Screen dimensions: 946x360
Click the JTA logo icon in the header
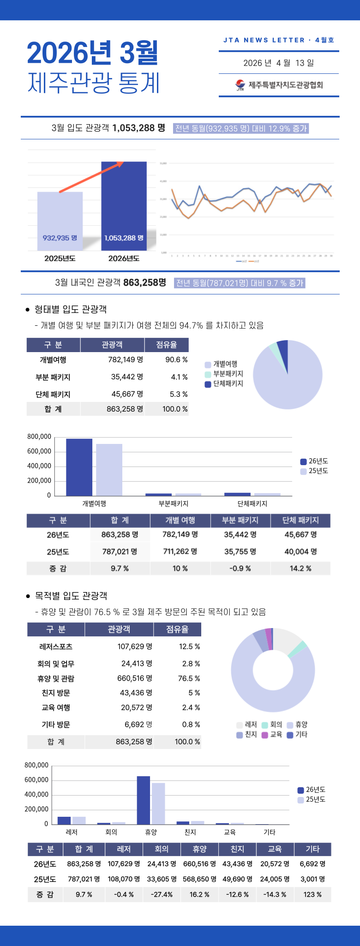click(x=240, y=85)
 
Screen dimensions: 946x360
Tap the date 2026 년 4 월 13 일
click(x=278, y=63)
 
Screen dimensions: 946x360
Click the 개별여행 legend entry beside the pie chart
click(x=221, y=364)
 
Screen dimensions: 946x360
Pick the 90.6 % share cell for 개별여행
click(x=176, y=359)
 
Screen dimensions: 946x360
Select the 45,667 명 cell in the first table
click(x=127, y=394)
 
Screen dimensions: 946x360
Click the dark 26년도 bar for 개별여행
click(x=79, y=467)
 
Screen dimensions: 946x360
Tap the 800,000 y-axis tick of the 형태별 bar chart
click(x=39, y=437)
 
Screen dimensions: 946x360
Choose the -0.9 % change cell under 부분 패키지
click(x=240, y=569)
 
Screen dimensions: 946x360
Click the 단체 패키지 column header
click(x=300, y=520)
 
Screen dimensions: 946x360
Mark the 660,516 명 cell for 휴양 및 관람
click(x=134, y=678)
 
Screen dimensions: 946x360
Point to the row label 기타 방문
click(x=56, y=724)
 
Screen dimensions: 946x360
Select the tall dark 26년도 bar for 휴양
click(x=143, y=800)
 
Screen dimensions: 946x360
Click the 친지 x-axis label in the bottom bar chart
click(x=190, y=832)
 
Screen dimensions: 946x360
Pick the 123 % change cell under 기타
click(x=312, y=894)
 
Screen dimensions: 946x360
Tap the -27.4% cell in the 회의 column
click(x=162, y=894)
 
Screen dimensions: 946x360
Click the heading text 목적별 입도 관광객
click(x=71, y=596)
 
